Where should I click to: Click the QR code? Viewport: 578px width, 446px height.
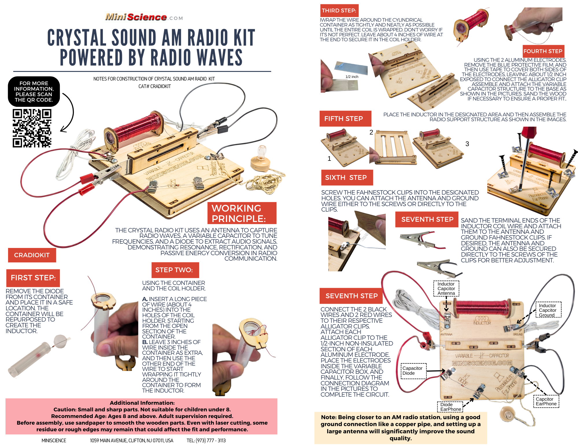[32, 128]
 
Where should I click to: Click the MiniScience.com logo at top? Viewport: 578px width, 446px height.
[144, 17]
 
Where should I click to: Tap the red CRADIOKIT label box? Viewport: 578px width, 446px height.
[32, 255]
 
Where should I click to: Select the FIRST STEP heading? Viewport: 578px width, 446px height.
[33, 278]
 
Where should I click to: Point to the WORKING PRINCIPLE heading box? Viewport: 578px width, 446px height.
[242, 213]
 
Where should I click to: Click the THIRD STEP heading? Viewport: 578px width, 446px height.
[339, 11]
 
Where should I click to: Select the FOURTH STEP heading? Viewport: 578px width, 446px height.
[543, 51]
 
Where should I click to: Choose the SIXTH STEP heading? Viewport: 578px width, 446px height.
[347, 178]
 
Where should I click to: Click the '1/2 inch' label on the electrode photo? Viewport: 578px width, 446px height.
[352, 77]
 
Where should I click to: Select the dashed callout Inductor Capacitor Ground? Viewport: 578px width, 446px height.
[548, 310]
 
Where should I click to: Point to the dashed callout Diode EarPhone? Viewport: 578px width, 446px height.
[450, 407]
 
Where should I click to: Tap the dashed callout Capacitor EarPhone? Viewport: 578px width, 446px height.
[546, 401]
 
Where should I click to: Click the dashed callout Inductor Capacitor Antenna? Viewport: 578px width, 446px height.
[446, 288]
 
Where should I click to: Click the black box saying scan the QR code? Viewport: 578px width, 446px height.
[34, 92]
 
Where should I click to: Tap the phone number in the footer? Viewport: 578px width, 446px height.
[206, 441]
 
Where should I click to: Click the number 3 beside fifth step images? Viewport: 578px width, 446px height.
[467, 144]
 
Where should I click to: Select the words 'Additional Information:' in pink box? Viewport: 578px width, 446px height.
[142, 403]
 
